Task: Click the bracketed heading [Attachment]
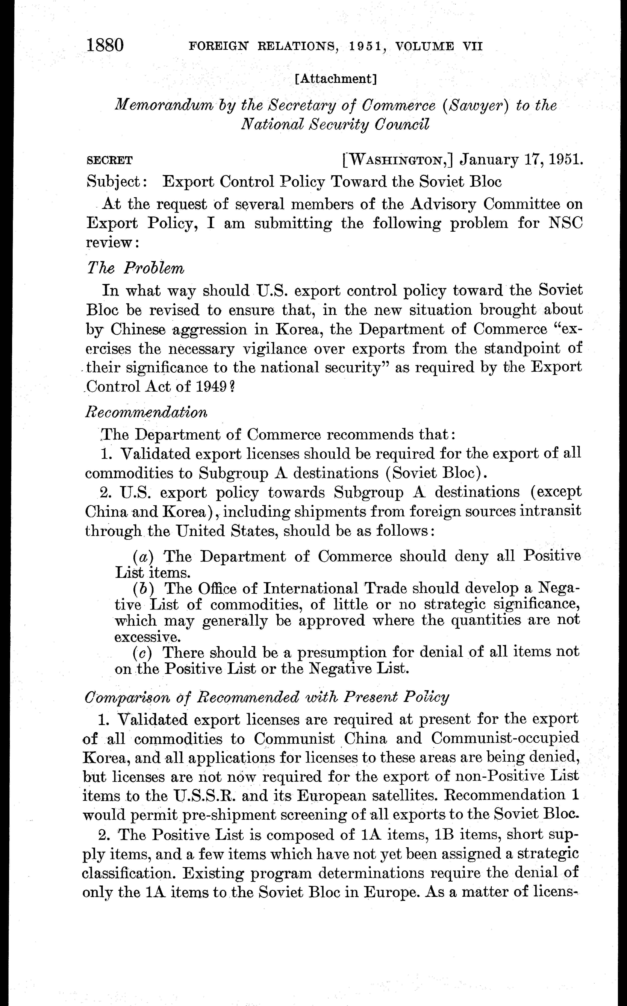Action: (335, 79)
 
